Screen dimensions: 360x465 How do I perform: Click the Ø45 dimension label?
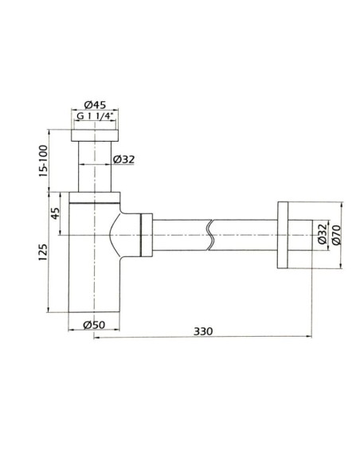click(95, 105)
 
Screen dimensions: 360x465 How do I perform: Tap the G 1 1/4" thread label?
click(96, 116)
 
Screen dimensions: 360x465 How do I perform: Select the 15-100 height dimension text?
click(43, 161)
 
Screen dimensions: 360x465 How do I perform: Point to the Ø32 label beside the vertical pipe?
click(124, 159)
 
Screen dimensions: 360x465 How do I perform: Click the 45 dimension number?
click(56, 213)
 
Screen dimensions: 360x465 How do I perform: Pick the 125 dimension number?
click(43, 252)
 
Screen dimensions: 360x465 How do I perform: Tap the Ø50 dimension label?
click(94, 325)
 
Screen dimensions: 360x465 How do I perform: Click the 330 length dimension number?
click(203, 331)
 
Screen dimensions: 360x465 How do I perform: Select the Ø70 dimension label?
click(337, 235)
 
